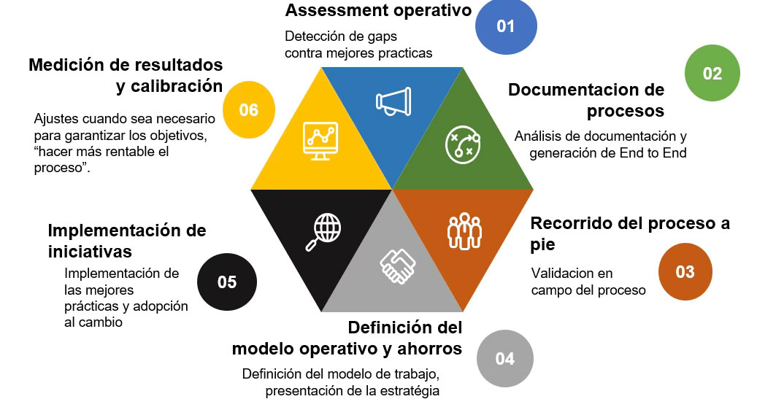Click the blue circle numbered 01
506,26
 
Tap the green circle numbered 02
712,73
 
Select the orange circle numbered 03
685,271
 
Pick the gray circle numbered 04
504,358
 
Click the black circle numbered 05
227,282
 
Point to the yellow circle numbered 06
248,109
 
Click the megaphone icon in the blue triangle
393,101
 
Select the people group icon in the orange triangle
464,231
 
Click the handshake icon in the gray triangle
398,266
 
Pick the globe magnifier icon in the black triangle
323,232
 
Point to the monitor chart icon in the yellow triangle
320,141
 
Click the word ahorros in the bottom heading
430,349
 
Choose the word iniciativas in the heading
90,252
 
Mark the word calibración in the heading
177,86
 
